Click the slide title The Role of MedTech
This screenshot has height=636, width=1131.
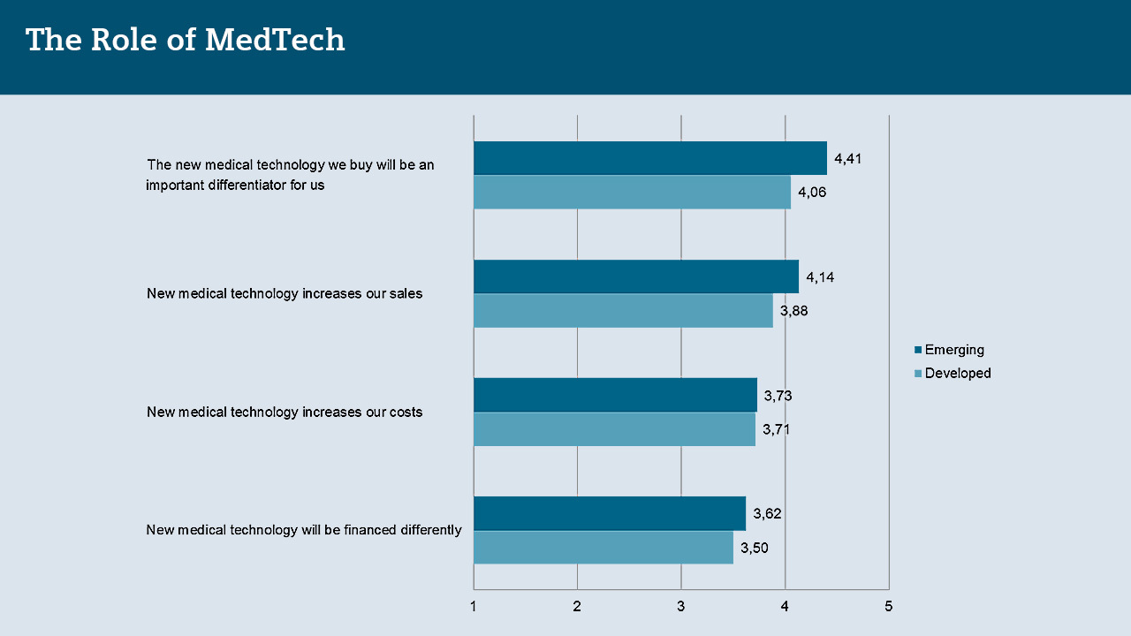(186, 40)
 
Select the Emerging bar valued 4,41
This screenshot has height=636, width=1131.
(650, 158)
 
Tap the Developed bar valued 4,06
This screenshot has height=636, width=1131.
(632, 192)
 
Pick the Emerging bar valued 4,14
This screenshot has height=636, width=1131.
(636, 276)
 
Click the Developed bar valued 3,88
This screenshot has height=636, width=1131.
(623, 310)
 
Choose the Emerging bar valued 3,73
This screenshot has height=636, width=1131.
(615, 395)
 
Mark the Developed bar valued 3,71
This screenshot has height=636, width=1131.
(614, 428)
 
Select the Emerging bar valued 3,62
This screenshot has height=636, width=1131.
(610, 513)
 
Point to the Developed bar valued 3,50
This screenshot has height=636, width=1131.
(603, 547)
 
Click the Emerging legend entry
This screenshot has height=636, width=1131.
(953, 350)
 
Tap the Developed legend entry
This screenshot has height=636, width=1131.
(957, 373)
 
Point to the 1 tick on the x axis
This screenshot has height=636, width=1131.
(474, 606)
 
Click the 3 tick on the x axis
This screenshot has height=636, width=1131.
(681, 606)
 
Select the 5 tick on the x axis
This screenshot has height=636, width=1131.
(889, 606)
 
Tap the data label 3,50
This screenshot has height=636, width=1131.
(755, 548)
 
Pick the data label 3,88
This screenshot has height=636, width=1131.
(794, 311)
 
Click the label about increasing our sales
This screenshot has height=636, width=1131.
(285, 293)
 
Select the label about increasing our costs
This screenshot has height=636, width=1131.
(285, 412)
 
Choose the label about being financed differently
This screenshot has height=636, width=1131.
(304, 530)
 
